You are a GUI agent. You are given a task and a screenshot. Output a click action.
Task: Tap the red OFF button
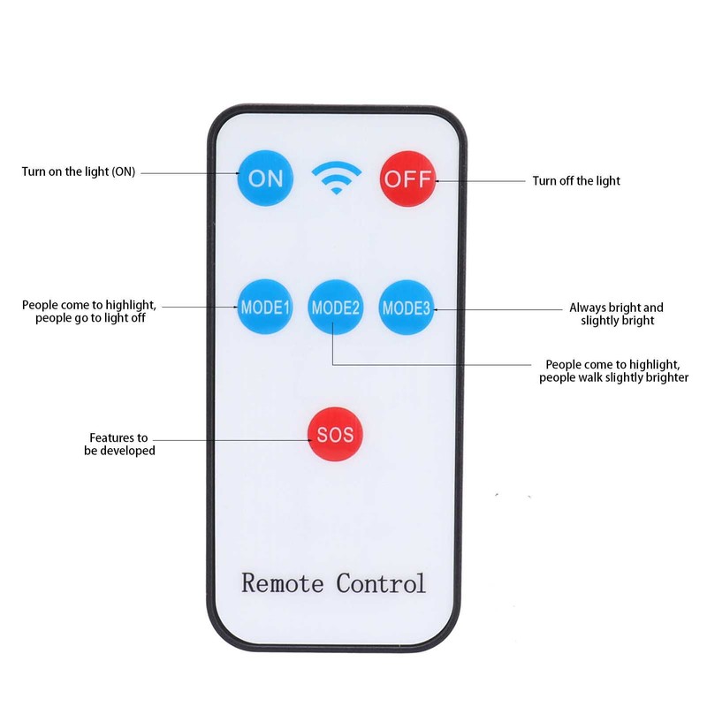407,179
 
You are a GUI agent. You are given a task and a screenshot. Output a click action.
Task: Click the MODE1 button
265,307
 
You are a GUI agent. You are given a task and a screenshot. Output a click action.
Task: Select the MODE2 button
336,308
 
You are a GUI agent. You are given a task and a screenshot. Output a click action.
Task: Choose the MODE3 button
407,308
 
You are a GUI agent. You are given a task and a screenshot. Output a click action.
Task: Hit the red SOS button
335,434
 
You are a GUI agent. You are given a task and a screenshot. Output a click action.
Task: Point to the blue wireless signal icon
337,178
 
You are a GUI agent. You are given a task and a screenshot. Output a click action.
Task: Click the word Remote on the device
283,583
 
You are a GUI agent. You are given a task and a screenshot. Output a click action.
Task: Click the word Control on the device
381,583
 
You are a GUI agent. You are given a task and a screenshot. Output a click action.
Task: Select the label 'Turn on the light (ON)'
79,171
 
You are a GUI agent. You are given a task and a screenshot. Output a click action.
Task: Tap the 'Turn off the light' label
576,181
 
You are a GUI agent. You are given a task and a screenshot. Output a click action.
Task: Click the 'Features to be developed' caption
119,445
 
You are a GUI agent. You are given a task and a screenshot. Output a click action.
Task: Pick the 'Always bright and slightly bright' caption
616,314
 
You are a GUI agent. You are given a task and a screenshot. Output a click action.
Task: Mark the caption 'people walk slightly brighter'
613,377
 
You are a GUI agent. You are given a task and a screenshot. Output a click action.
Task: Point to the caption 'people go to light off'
91,318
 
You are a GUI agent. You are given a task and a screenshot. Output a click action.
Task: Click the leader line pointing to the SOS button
232,440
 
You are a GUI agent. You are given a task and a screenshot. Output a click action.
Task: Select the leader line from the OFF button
480,181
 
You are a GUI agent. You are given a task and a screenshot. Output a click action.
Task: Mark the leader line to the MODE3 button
498,310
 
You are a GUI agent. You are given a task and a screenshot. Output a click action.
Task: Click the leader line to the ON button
190,172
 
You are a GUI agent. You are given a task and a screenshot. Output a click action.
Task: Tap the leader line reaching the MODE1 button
200,307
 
